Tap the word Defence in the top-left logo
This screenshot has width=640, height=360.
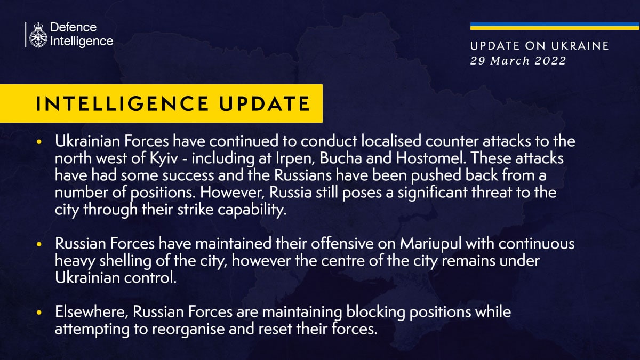click(x=73, y=27)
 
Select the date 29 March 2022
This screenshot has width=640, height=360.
click(x=518, y=61)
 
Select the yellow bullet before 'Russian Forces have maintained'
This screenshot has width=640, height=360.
click(x=38, y=244)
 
